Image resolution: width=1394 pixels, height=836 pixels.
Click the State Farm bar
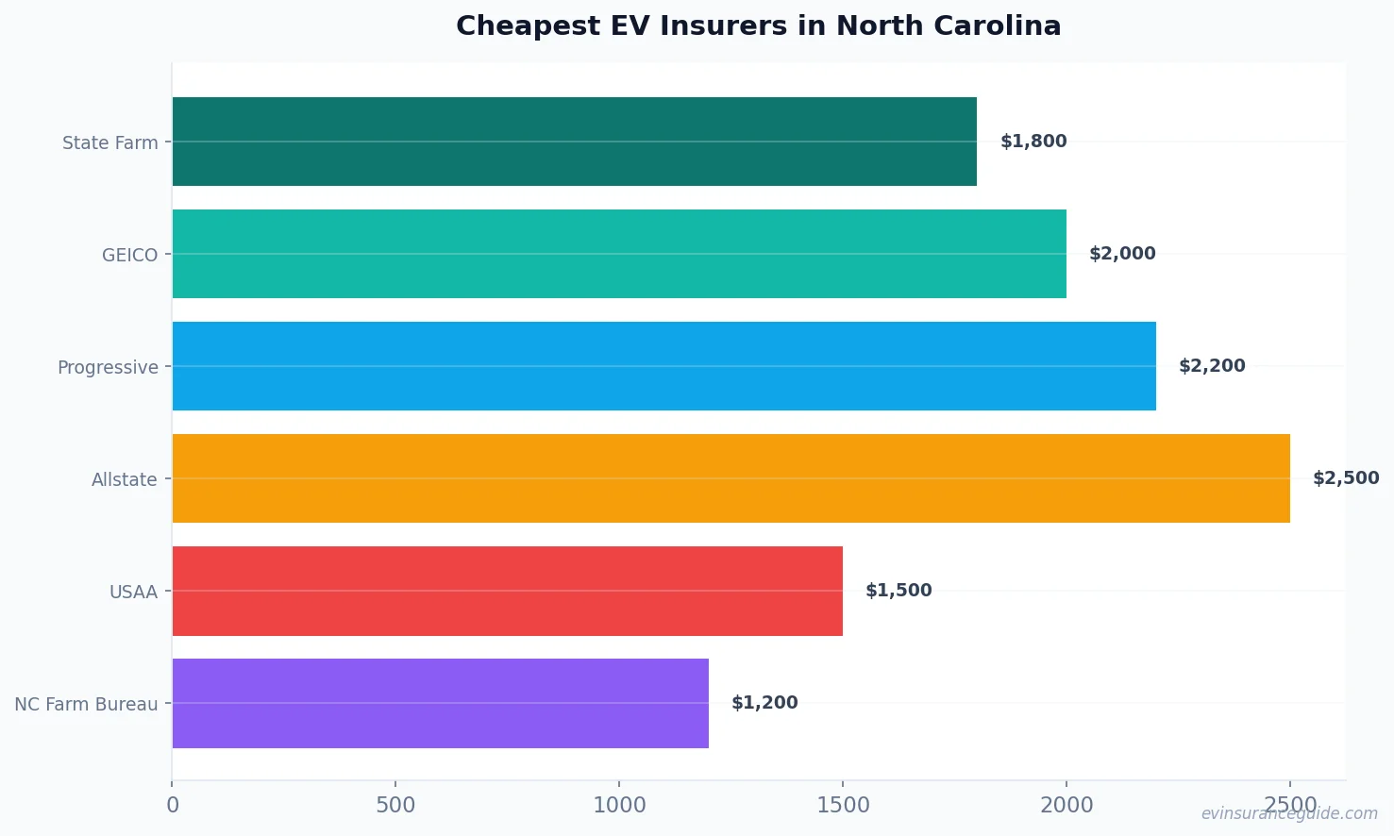tap(574, 142)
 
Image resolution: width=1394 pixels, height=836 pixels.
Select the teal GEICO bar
tap(619, 254)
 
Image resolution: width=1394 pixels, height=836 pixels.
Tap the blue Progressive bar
tap(663, 366)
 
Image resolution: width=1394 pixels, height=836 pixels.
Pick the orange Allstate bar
tap(731, 478)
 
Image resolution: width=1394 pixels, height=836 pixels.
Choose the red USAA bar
tap(507, 591)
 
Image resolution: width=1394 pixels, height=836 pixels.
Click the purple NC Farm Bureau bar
tap(440, 703)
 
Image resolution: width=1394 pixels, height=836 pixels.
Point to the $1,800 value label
tap(1033, 142)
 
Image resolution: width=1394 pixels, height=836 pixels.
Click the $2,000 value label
tap(1122, 254)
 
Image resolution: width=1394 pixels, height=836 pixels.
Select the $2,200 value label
tap(1212, 366)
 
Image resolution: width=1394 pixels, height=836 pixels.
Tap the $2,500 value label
tap(1346, 478)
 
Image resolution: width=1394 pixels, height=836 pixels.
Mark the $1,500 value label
tap(899, 591)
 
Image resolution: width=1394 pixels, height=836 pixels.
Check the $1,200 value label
tap(764, 703)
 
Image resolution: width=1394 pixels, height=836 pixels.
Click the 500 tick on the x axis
tap(395, 805)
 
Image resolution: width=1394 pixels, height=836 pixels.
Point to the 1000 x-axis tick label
tap(619, 805)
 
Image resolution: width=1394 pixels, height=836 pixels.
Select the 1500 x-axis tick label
tap(843, 805)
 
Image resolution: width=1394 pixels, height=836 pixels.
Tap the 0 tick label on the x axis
tap(173, 805)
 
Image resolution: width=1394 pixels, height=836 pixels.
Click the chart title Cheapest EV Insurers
tap(758, 26)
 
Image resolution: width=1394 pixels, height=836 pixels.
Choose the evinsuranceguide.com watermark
tap(1289, 813)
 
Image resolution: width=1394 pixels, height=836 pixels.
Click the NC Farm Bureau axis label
tap(86, 704)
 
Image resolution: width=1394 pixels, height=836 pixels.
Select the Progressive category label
tap(108, 367)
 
